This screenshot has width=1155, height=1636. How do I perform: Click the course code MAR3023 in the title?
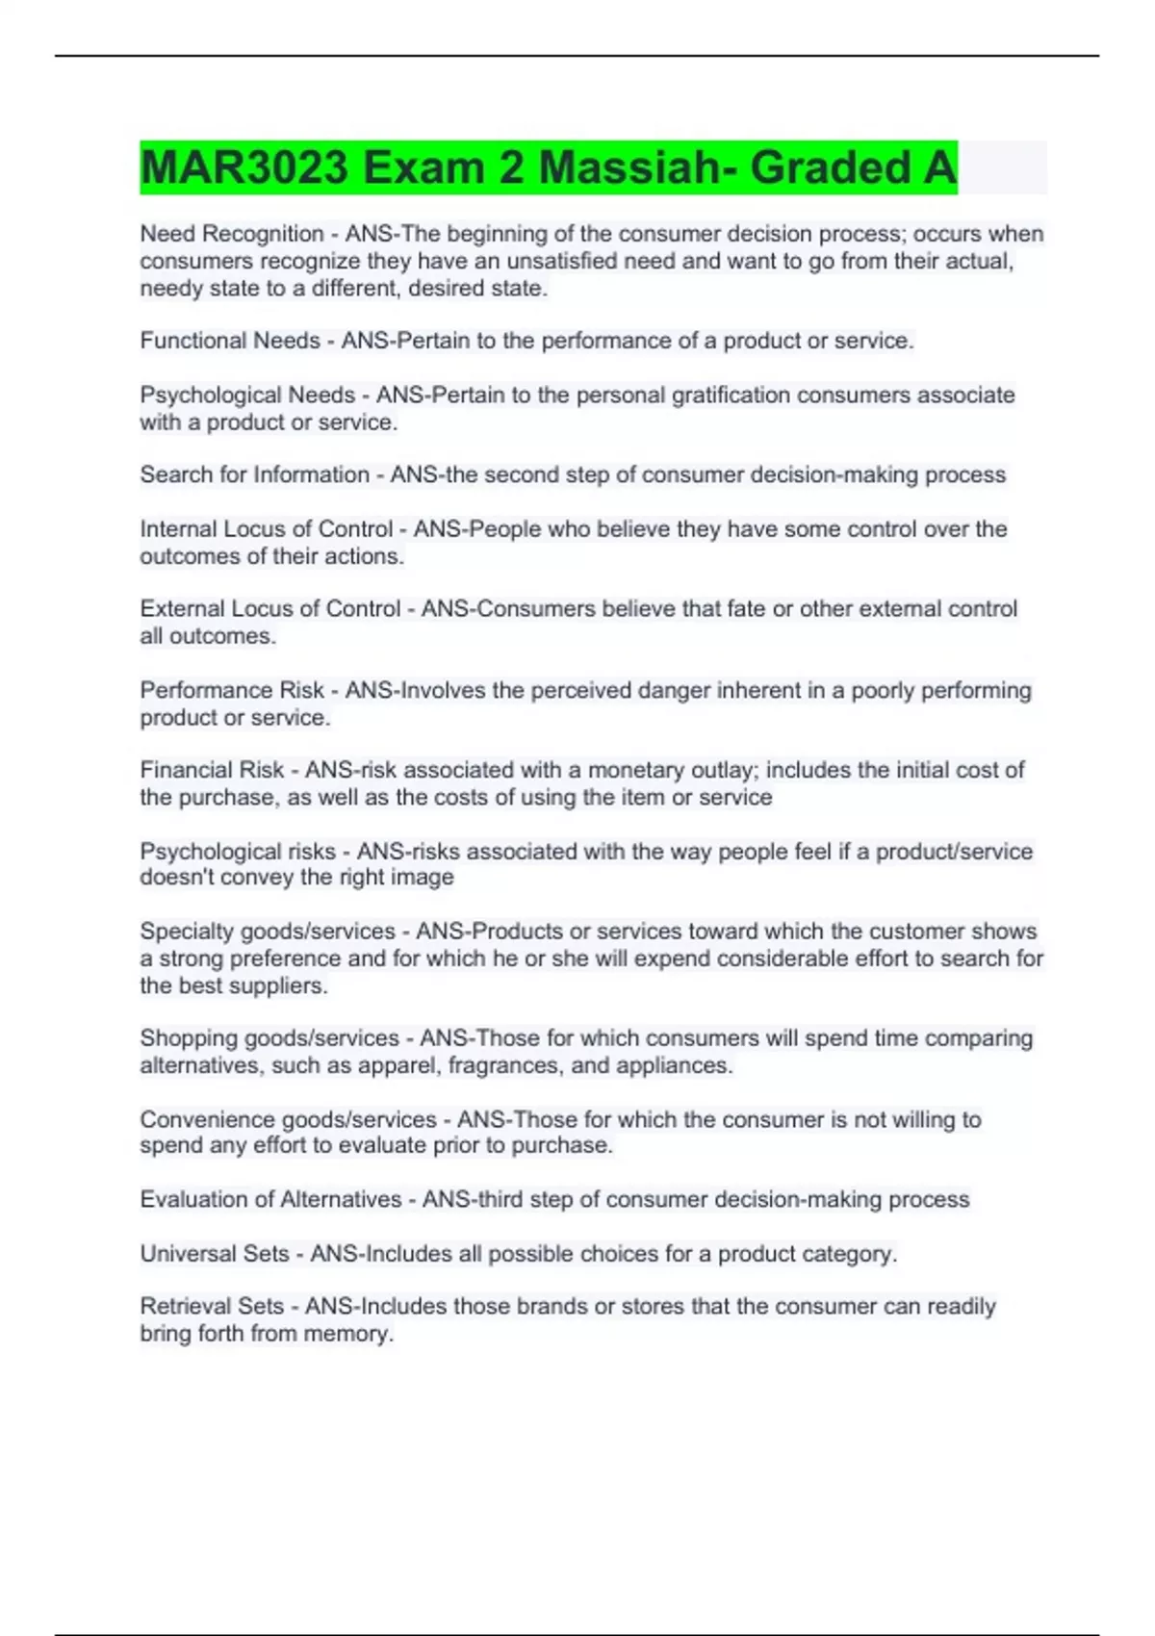pyautogui.click(x=244, y=167)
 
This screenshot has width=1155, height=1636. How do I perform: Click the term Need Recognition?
pyautogui.click(x=232, y=234)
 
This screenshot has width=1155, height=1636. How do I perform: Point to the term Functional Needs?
pyautogui.click(x=230, y=341)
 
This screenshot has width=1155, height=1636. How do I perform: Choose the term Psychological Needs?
pyautogui.click(x=247, y=396)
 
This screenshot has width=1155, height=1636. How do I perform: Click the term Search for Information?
pyautogui.click(x=254, y=474)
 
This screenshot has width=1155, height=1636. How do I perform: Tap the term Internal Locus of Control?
pyautogui.click(x=266, y=529)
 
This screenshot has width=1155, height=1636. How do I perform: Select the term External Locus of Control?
pyautogui.click(x=269, y=609)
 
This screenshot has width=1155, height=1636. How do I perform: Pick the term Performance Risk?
pyautogui.click(x=232, y=690)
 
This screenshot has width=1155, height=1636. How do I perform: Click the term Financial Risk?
pyautogui.click(x=212, y=770)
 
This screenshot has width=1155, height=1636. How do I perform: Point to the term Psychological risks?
pyautogui.click(x=238, y=852)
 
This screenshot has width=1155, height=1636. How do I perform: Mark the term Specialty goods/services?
pyautogui.click(x=268, y=932)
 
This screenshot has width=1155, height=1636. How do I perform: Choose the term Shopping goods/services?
pyautogui.click(x=269, y=1038)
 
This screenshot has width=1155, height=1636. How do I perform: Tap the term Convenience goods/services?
pyautogui.click(x=288, y=1119)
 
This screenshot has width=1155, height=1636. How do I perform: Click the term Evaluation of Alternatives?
pyautogui.click(x=270, y=1199)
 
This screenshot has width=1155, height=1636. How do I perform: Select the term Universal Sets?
pyautogui.click(x=214, y=1254)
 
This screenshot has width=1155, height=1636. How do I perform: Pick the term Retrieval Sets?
pyautogui.click(x=212, y=1307)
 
